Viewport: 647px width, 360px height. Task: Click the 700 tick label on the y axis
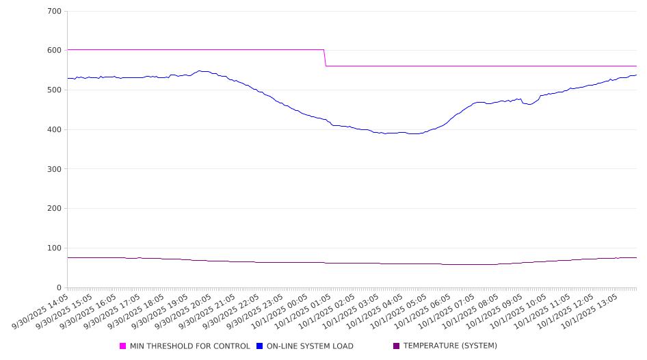55,12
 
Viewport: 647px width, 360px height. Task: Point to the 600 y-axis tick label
55,51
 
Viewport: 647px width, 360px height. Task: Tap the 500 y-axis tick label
55,90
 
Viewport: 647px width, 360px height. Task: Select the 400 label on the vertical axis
55,130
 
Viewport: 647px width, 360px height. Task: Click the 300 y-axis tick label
55,169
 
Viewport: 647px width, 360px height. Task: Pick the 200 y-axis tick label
55,209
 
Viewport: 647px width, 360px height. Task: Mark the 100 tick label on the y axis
55,248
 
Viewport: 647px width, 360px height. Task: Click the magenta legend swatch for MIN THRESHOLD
123,346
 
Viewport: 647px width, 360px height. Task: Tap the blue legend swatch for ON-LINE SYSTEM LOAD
260,346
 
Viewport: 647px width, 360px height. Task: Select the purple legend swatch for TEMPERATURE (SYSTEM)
397,346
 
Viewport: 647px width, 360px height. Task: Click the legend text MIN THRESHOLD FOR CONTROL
190,346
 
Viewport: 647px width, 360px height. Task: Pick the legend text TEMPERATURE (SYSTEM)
450,346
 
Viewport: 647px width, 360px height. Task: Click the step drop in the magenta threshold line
325,58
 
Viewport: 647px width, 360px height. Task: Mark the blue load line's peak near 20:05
200,70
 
